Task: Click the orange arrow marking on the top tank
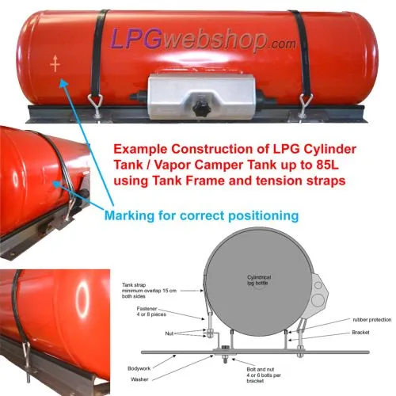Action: (55, 63)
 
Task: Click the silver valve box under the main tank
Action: (201, 96)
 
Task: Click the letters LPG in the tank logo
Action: (136, 39)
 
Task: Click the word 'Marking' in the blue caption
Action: (129, 215)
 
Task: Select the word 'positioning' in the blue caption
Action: (264, 215)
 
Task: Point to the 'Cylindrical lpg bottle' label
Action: (259, 280)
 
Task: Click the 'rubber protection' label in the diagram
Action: (372, 320)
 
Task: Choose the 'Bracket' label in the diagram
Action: (360, 333)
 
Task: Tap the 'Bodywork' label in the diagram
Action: (139, 368)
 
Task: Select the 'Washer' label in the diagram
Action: (139, 379)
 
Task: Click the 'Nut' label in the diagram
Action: (169, 333)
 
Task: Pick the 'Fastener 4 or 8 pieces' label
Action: (151, 311)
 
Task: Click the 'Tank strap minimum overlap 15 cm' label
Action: (149, 291)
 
